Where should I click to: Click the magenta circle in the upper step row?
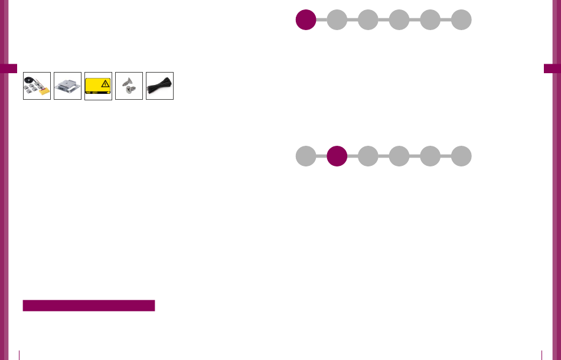click(x=305, y=19)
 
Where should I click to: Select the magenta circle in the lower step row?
click(x=337, y=156)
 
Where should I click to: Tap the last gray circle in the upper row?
click(x=461, y=19)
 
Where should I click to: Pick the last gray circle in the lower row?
click(x=461, y=156)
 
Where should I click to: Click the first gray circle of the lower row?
click(x=305, y=156)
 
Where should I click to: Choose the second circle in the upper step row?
click(x=337, y=19)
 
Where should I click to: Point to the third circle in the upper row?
click(x=368, y=19)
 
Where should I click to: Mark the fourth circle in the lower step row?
click(x=399, y=156)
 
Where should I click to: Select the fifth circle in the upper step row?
click(x=430, y=19)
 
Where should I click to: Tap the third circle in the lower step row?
click(x=368, y=156)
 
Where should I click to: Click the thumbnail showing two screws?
click(x=129, y=86)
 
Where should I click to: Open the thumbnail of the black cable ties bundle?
click(x=159, y=86)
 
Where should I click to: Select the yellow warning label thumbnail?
click(x=98, y=86)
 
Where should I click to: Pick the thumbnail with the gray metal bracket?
click(x=67, y=86)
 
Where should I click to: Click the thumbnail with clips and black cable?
click(x=37, y=86)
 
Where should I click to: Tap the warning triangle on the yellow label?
click(x=105, y=83)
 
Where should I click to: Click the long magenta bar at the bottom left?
click(x=89, y=305)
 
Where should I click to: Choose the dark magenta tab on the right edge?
click(x=552, y=68)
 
